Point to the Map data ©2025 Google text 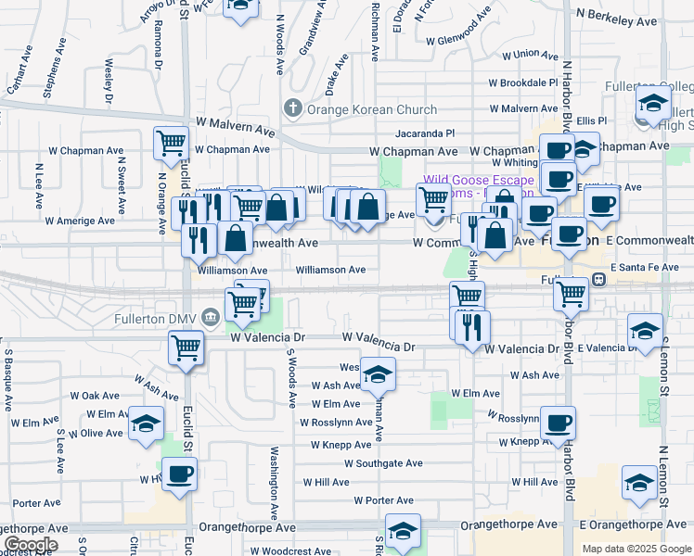click(636, 549)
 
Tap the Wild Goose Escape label click(479, 180)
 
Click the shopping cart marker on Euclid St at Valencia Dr click(186, 348)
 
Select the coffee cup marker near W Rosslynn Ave click(558, 423)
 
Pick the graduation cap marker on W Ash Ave click(378, 374)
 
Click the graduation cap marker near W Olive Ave click(146, 423)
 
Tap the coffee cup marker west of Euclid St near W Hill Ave click(179, 474)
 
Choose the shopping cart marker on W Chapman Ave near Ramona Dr click(172, 143)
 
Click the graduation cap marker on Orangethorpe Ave click(403, 531)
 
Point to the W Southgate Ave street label click(383, 463)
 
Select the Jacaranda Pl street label click(425, 133)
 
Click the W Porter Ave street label click(384, 500)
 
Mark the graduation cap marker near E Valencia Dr click(645, 331)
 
